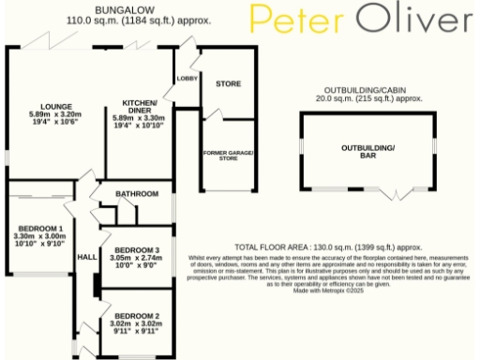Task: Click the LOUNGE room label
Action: [x=43, y=107]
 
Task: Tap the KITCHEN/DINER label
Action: [x=137, y=106]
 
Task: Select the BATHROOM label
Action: [x=135, y=194]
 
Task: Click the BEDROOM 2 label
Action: [x=136, y=316]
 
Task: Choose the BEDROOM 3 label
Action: [x=136, y=249]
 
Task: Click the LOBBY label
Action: [x=187, y=79]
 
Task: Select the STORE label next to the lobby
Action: [x=229, y=84]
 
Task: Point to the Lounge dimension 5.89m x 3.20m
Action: [x=43, y=114]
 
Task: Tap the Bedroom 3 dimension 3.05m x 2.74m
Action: [x=136, y=257]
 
